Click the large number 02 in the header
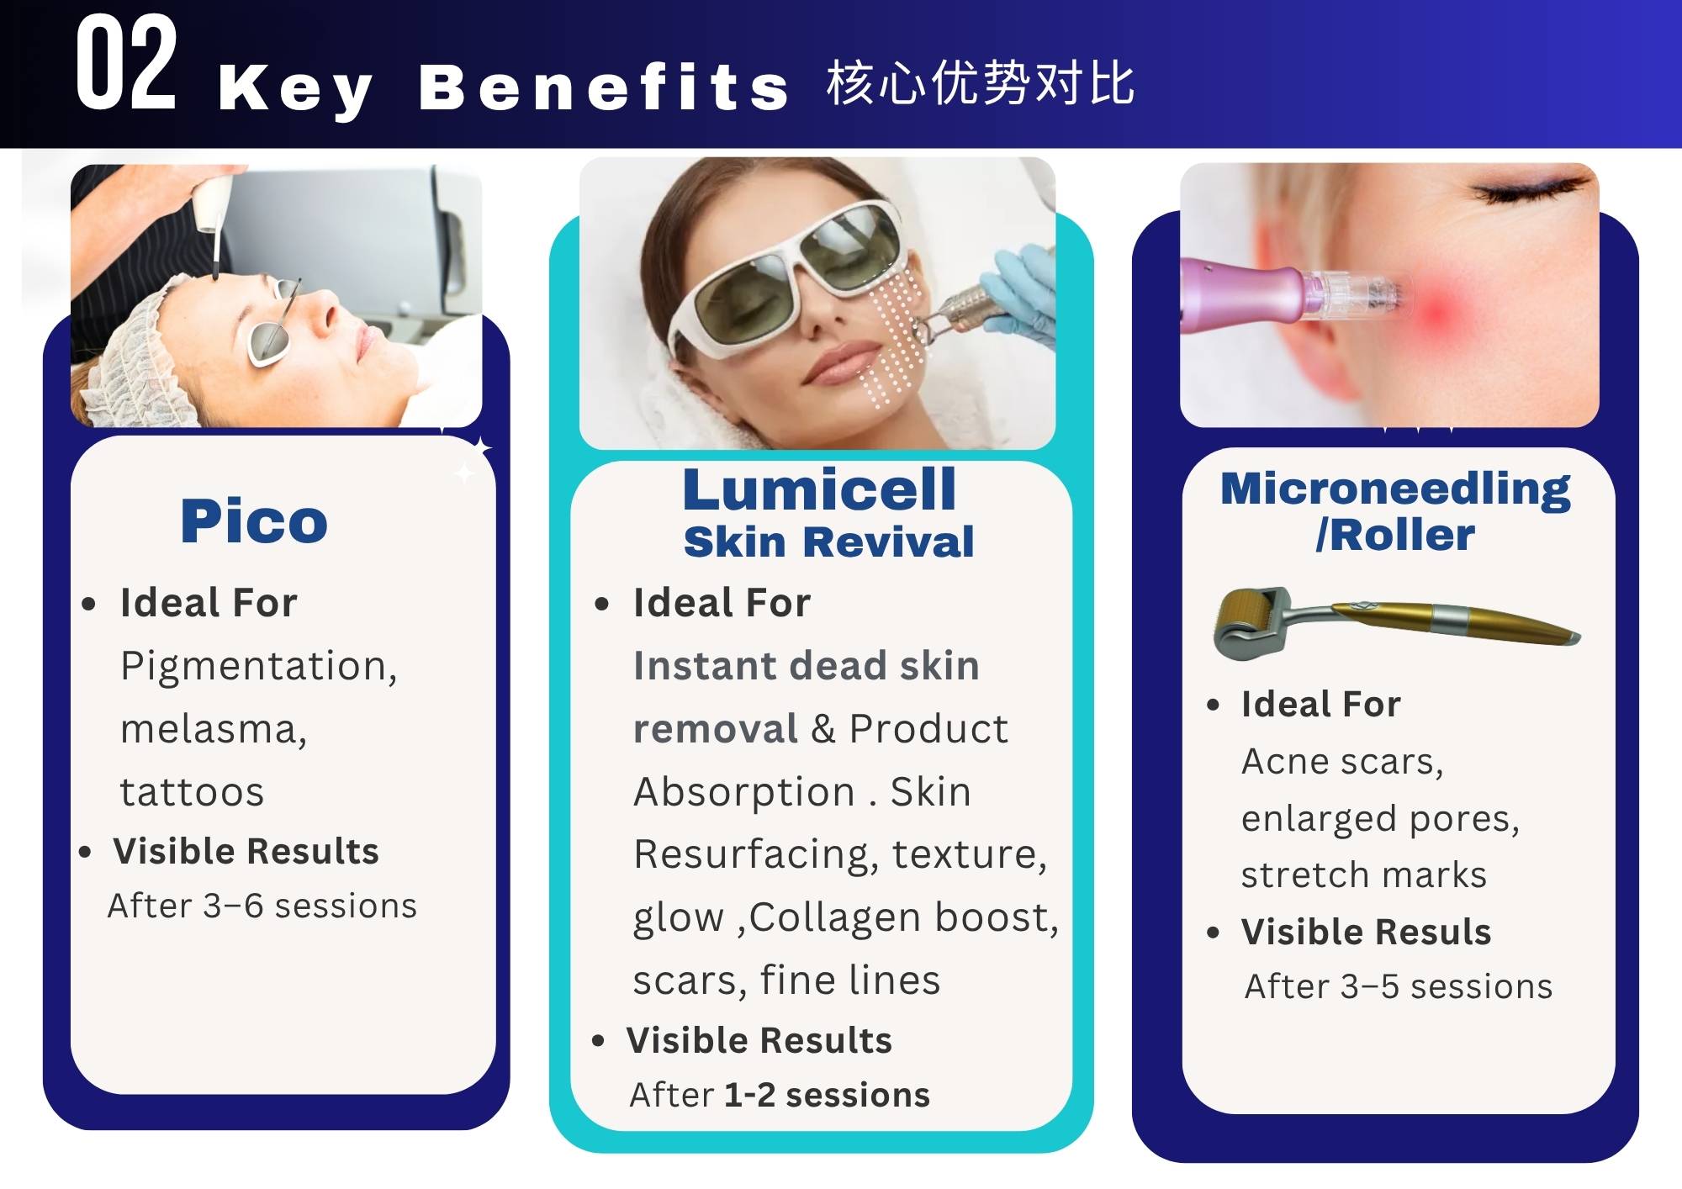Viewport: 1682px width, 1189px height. (126, 64)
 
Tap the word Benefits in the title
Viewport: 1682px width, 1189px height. (604, 87)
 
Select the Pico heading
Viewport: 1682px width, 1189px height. (254, 521)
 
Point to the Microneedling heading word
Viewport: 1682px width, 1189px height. (1395, 489)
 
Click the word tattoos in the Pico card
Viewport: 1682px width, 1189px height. (192, 792)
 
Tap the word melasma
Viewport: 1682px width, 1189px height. (214, 729)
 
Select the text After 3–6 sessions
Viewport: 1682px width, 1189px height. (262, 906)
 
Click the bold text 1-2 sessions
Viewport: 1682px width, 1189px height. (827, 1095)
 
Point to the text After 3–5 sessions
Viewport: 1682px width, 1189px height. (1399, 986)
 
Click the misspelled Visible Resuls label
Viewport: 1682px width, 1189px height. (1366, 932)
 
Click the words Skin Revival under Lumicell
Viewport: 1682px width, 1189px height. (829, 542)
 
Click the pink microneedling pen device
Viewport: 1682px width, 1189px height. (1291, 295)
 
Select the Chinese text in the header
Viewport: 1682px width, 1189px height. (981, 83)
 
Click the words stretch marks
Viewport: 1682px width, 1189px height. (1364, 875)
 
